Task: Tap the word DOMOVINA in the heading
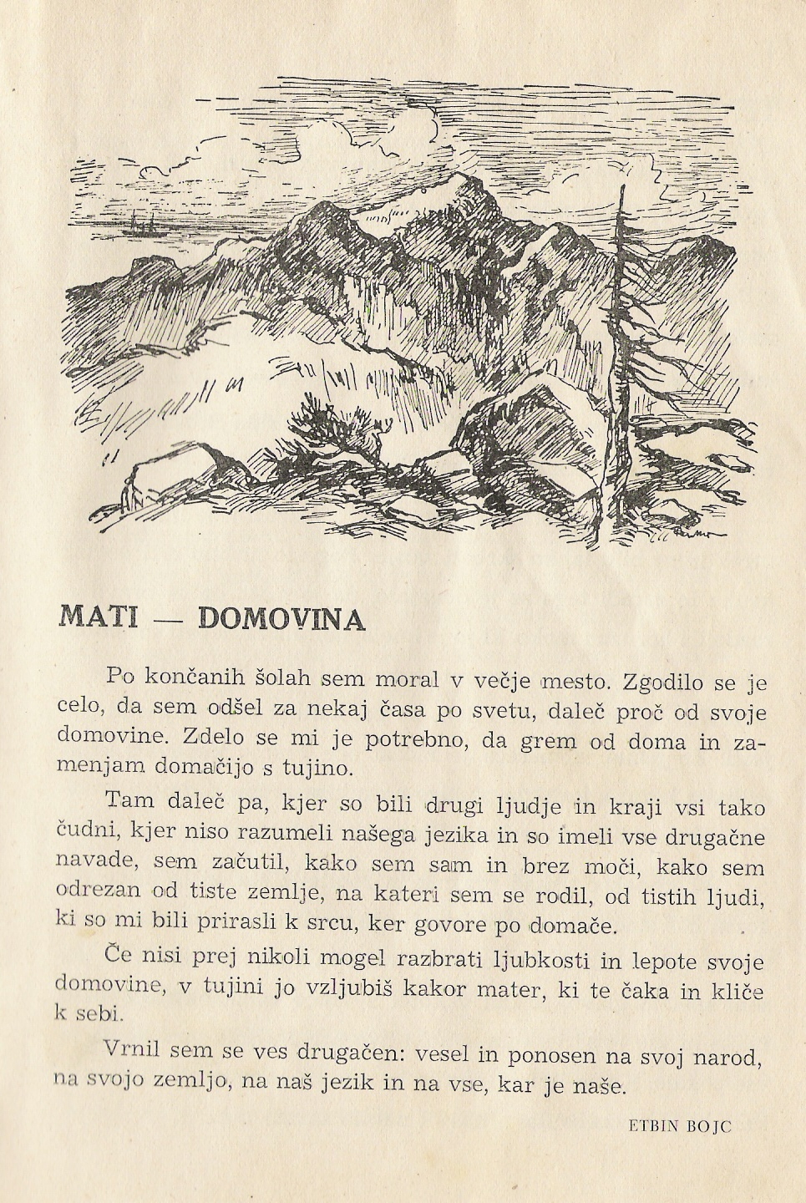coord(281,618)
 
